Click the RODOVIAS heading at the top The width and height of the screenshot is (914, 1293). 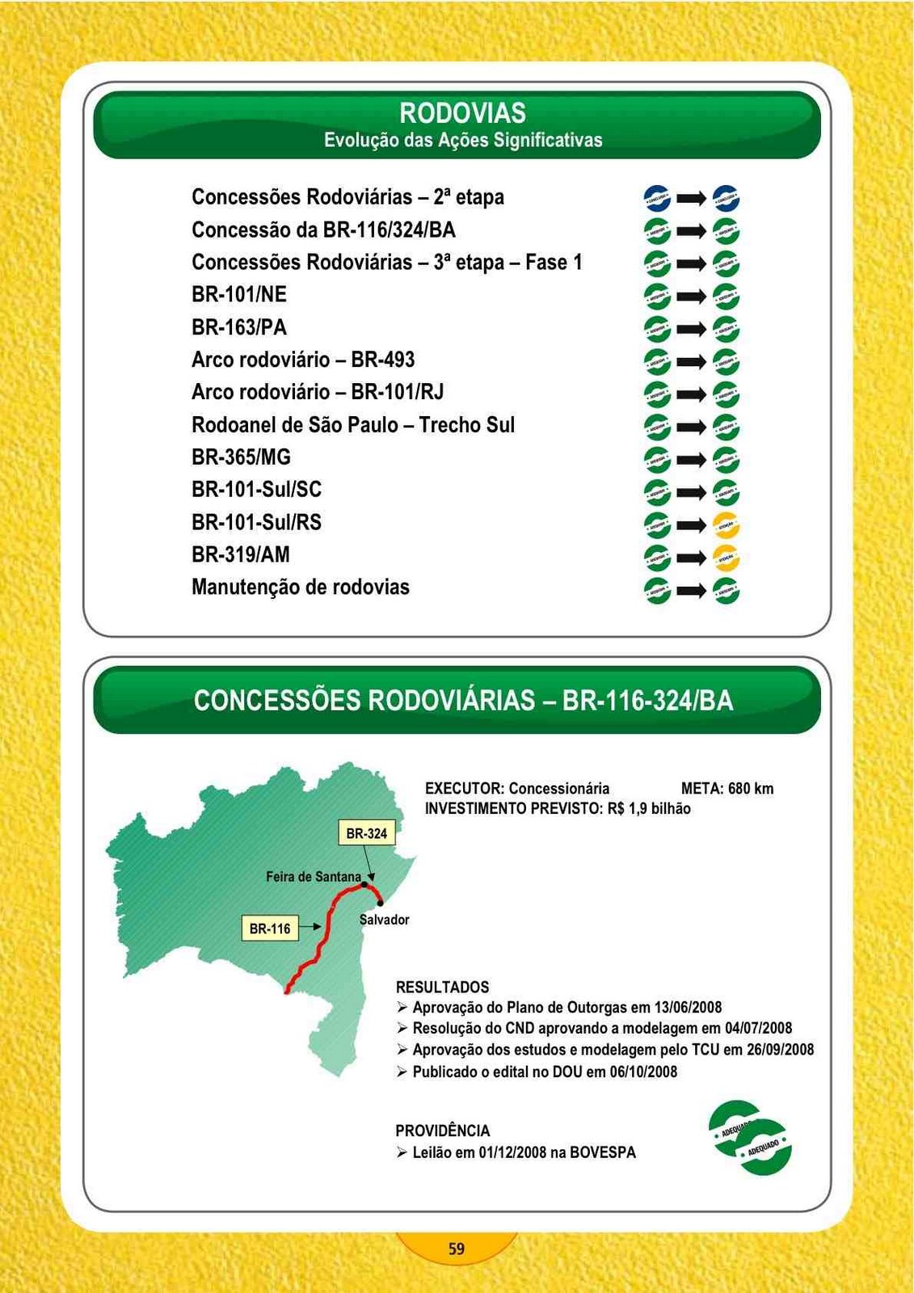462,113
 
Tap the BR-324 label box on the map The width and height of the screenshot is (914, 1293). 366,833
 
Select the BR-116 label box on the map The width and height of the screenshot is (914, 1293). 270,929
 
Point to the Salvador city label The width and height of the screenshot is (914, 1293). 384,920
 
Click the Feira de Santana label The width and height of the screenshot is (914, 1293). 314,877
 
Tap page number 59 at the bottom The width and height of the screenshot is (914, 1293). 457,1249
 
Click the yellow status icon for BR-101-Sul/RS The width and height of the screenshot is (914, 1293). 727,525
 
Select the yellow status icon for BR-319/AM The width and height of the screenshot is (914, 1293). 727,558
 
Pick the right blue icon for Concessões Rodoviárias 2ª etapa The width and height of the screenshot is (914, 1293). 727,198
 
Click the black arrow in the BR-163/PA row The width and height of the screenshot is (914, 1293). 692,329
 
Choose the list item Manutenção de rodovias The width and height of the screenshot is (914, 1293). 301,588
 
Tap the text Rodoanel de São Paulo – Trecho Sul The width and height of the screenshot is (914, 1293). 353,425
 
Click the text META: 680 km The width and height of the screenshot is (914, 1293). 727,789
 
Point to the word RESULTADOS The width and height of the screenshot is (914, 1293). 442,988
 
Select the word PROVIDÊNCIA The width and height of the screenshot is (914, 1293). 443,1131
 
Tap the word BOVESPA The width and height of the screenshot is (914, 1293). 603,1153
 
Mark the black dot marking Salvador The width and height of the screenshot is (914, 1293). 380,903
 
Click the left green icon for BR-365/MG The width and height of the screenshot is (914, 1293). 657,460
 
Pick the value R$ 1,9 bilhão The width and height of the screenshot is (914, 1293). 649,809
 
